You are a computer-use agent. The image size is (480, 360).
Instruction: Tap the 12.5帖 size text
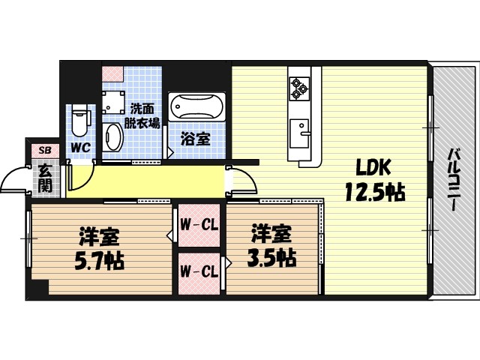click(374, 192)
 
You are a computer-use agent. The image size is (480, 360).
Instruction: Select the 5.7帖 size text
click(100, 260)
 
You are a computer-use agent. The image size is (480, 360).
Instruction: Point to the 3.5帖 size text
click(271, 256)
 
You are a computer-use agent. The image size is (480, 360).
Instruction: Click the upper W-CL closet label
click(199, 223)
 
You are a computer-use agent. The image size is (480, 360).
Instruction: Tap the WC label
click(80, 148)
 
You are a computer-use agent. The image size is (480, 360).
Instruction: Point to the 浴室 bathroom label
click(196, 139)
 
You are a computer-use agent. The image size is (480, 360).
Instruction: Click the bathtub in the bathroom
click(196, 107)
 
